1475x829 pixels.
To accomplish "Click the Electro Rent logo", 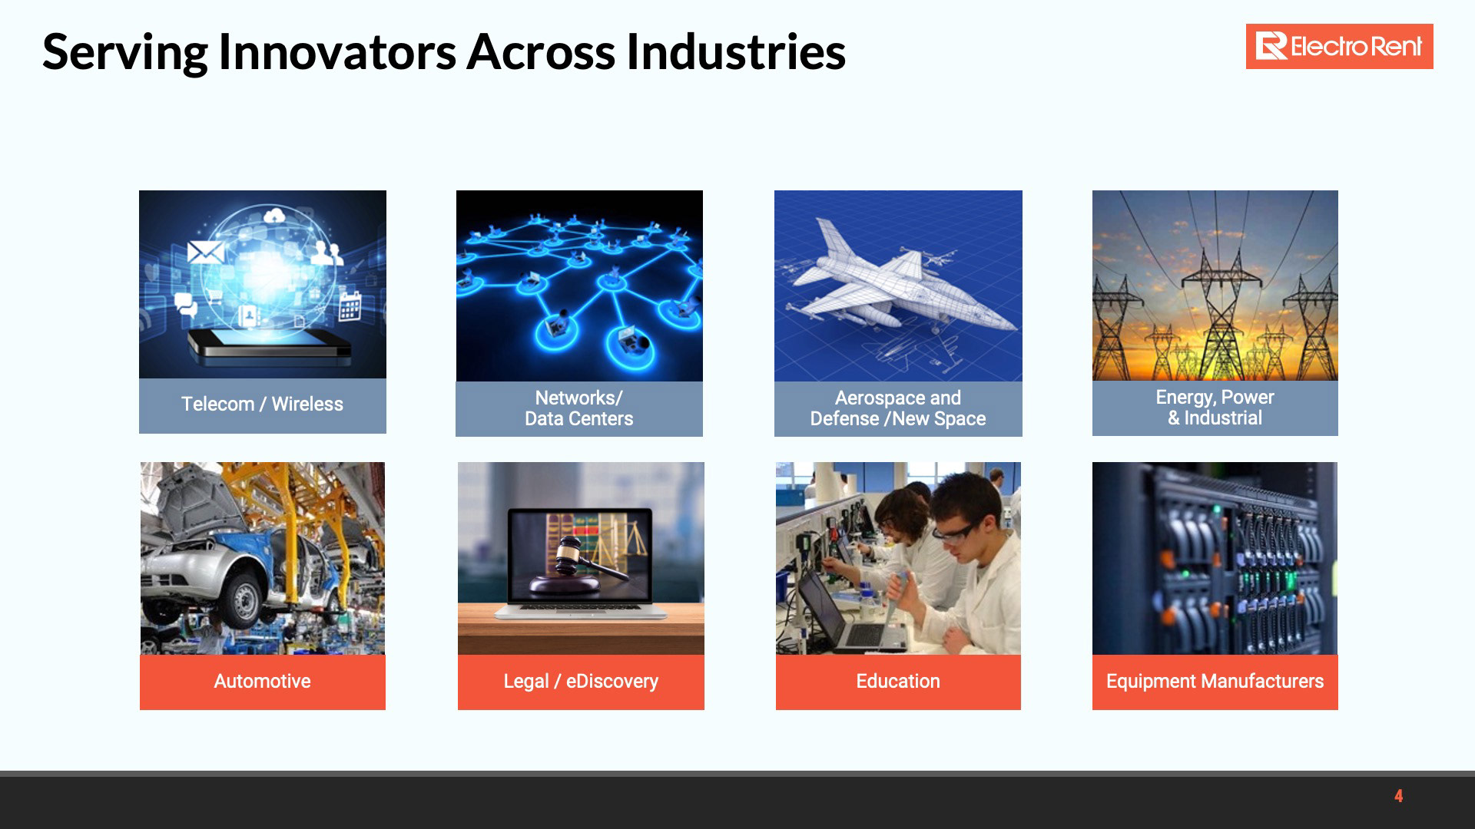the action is pyautogui.click(x=1339, y=47).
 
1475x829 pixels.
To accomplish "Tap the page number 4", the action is pyautogui.click(x=1399, y=796).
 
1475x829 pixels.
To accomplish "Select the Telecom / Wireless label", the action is pyautogui.click(x=262, y=404).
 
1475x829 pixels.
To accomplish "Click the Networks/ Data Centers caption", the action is pyautogui.click(x=579, y=408).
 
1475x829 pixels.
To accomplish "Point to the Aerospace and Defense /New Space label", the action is pyautogui.click(x=898, y=408).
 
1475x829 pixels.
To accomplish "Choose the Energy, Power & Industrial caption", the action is pyautogui.click(x=1215, y=408).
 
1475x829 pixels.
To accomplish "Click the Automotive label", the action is pyautogui.click(x=262, y=681).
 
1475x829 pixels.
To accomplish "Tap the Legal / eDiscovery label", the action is pyautogui.click(x=581, y=681).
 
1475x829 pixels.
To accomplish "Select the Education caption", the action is pyautogui.click(x=898, y=681).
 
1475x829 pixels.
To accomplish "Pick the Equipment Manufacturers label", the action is pyautogui.click(x=1215, y=681).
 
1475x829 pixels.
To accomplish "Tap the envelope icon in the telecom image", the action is pyautogui.click(x=205, y=252).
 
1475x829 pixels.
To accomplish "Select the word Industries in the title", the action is pyautogui.click(x=735, y=52).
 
